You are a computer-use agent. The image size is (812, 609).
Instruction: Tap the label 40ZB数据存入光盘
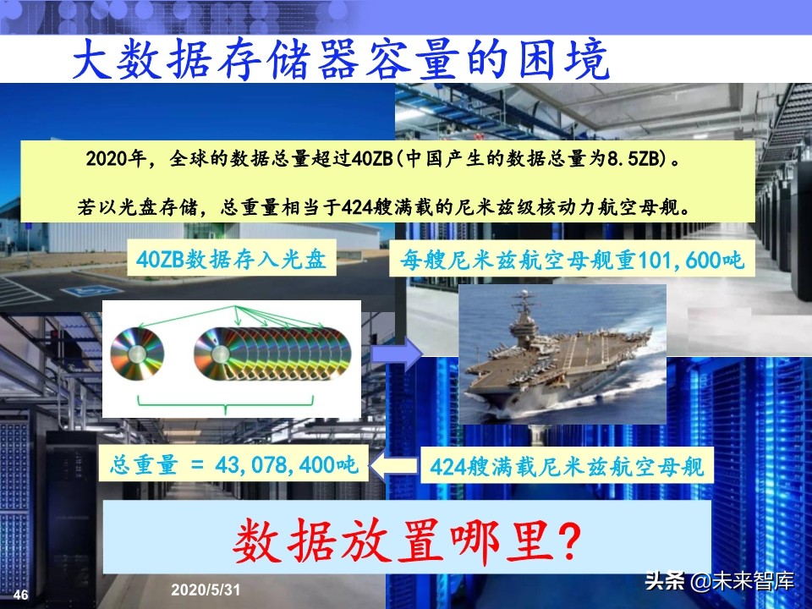coord(231,261)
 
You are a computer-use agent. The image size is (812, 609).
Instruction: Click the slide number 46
coord(21,595)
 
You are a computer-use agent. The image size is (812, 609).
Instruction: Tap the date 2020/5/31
coord(206,589)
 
